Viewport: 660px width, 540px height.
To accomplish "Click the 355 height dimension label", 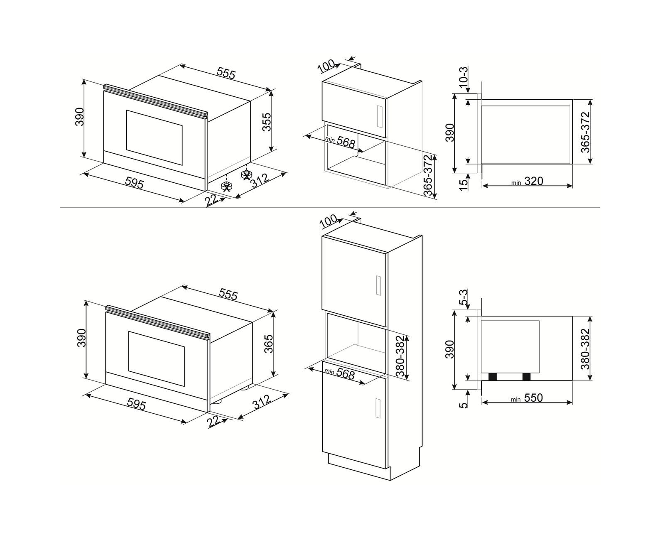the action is click(266, 122).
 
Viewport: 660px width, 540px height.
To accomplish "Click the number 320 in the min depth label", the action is click(534, 181).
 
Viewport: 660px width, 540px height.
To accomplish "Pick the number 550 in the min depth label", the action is click(533, 398).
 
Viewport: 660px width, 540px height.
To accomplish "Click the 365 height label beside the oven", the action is click(268, 344).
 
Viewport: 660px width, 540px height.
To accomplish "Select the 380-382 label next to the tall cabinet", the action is click(401, 356).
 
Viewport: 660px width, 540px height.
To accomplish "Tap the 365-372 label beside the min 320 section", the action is click(585, 132).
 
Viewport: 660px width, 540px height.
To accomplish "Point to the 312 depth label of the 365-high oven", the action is click(262, 402).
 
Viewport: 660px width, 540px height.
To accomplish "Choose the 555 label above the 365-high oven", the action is click(228, 294).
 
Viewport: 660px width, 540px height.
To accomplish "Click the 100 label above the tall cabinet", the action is click(329, 221).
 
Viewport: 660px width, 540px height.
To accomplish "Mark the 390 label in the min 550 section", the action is click(449, 349).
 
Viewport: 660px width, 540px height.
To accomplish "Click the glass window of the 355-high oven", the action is click(154, 137).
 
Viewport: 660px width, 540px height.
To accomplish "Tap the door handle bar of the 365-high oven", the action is click(158, 322).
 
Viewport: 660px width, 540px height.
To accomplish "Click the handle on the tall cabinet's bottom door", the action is click(378, 408).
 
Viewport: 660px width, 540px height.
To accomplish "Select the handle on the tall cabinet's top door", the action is click(378, 285).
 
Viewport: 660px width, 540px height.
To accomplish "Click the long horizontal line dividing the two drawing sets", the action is click(329, 208).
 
